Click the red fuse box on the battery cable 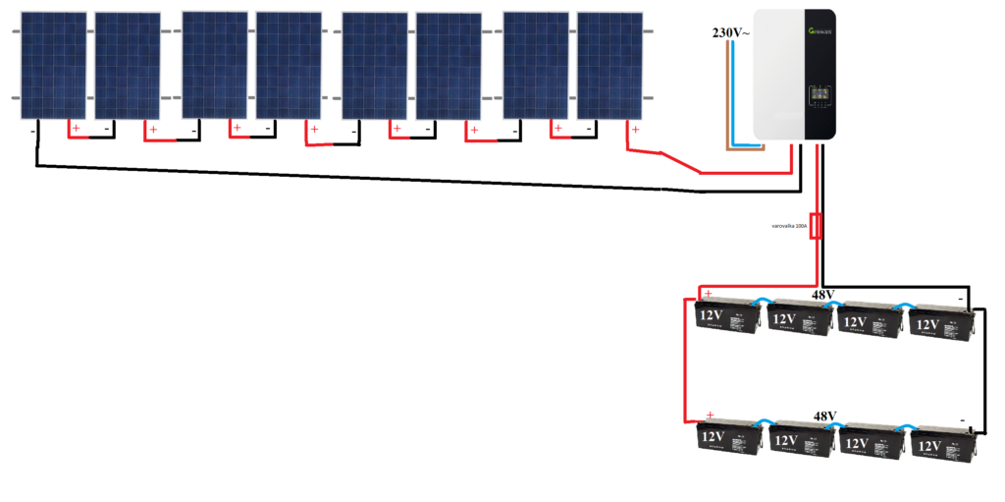point(816,227)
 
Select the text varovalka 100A point(788,227)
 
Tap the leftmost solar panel point(54,65)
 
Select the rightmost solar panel point(609,65)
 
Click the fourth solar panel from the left point(289,65)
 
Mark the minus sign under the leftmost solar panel point(32,131)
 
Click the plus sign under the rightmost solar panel point(635,131)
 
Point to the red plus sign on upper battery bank point(709,294)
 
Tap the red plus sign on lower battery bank point(710,416)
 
